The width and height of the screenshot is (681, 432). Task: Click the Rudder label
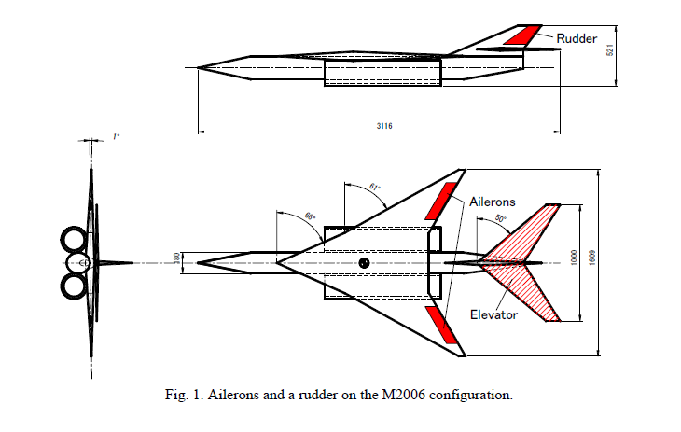pyautogui.click(x=577, y=38)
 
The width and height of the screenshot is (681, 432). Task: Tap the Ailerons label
pyautogui.click(x=492, y=202)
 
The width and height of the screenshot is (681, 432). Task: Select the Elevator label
pyautogui.click(x=493, y=314)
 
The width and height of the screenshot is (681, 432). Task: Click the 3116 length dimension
pyautogui.click(x=384, y=126)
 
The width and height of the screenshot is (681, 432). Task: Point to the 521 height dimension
pyautogui.click(x=610, y=50)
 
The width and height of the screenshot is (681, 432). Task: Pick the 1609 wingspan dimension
pyautogui.click(x=592, y=258)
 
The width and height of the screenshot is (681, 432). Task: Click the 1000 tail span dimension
pyautogui.click(x=574, y=258)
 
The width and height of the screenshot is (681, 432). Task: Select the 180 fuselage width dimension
pyautogui.click(x=176, y=258)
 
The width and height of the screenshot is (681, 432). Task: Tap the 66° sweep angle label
pyautogui.click(x=310, y=216)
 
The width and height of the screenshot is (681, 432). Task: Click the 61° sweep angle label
pyautogui.click(x=375, y=188)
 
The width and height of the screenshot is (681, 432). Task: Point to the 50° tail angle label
pyautogui.click(x=501, y=218)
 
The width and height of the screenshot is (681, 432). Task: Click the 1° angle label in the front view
pyautogui.click(x=116, y=137)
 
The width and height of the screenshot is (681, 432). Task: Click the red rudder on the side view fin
pyautogui.click(x=522, y=35)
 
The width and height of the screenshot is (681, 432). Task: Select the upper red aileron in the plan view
pyautogui.click(x=441, y=201)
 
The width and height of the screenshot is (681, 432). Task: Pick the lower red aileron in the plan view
pyautogui.click(x=441, y=325)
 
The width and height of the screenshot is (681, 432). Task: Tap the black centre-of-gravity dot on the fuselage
pyautogui.click(x=364, y=262)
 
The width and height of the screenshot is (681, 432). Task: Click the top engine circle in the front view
pyautogui.click(x=74, y=240)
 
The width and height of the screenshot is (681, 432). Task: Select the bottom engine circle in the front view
pyautogui.click(x=74, y=286)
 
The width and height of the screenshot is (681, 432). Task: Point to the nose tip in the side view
pyautogui.click(x=198, y=68)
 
